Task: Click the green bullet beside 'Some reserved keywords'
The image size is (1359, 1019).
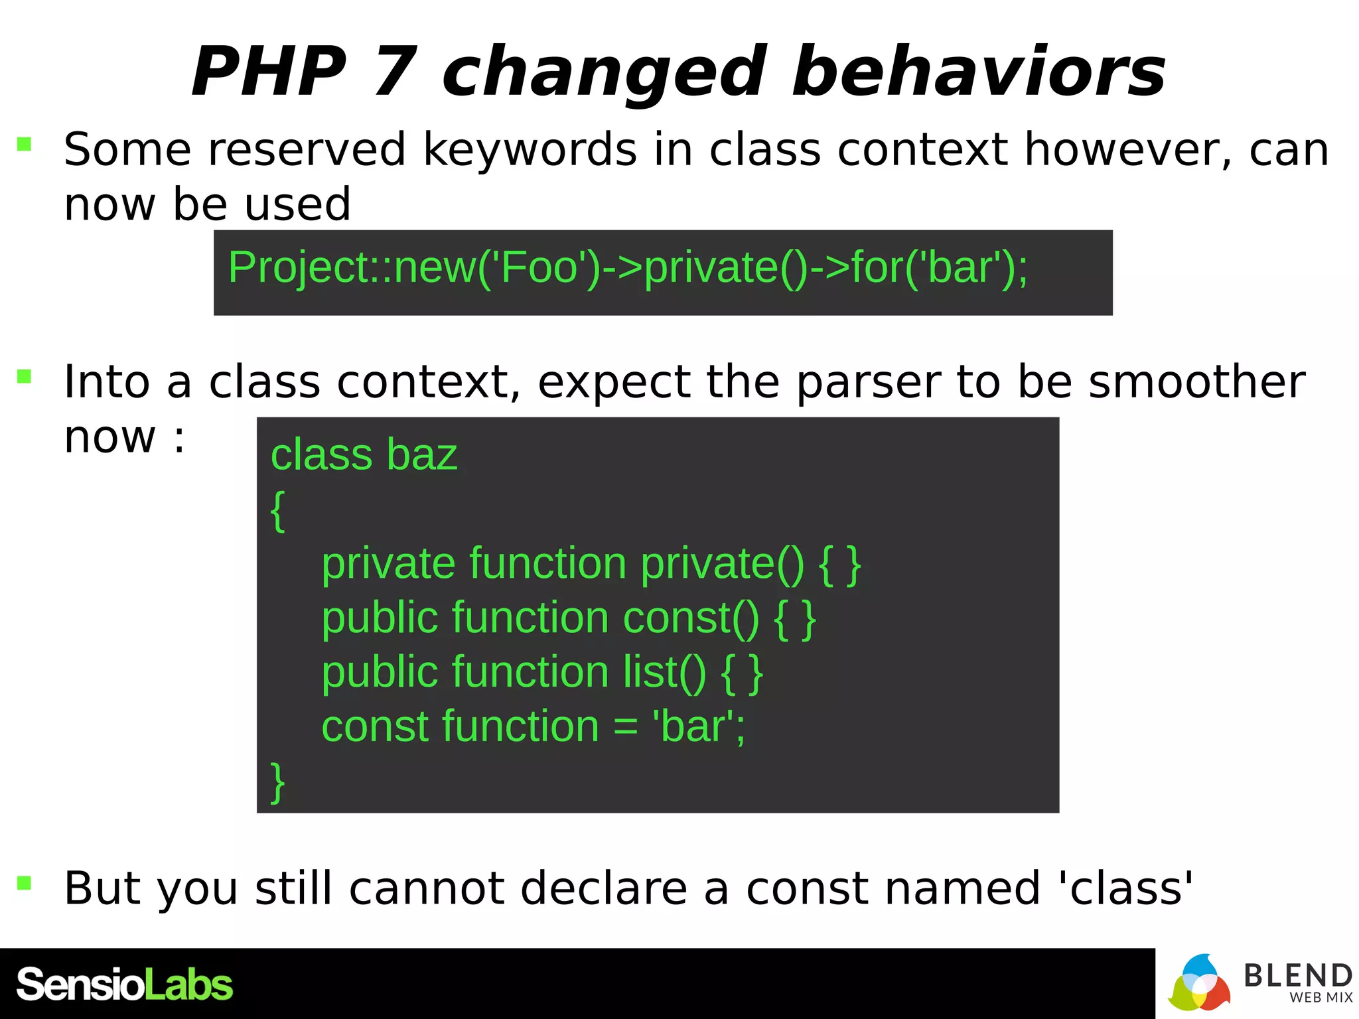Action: (25, 144)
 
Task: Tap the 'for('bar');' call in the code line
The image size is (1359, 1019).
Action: (939, 267)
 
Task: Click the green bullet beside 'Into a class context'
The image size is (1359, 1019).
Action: (25, 377)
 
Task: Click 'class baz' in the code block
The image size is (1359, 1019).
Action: (364, 455)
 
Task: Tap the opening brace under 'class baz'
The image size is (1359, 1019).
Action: (278, 510)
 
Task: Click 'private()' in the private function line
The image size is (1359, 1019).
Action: (722, 564)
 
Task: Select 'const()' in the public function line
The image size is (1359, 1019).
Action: (691, 618)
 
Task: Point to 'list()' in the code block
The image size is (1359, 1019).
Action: (664, 673)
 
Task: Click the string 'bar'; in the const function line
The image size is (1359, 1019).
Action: (699, 726)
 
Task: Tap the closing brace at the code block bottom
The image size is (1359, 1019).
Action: (278, 782)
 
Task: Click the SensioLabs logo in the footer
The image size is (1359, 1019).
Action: (125, 985)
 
